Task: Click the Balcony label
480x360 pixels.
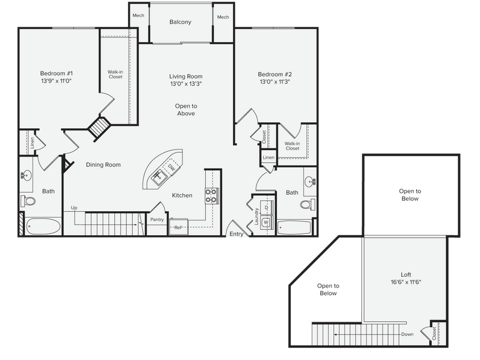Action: (180, 22)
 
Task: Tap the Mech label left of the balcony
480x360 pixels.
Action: (138, 16)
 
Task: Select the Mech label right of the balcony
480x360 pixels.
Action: (222, 17)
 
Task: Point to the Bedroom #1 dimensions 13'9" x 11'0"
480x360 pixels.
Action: (57, 81)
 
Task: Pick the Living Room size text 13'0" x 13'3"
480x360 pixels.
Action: (186, 85)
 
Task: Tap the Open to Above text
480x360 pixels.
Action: (186, 110)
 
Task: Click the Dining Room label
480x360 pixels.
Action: (103, 165)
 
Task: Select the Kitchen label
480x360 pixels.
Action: (182, 195)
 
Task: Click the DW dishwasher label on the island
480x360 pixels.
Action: (172, 168)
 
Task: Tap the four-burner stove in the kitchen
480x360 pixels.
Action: (212, 195)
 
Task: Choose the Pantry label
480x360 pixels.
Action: (157, 219)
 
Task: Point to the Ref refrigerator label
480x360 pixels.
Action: (178, 228)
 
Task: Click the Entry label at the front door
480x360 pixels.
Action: (235, 234)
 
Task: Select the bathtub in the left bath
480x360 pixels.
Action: (44, 227)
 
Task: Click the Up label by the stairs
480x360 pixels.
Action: (74, 208)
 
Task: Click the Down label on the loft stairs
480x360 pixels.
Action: (408, 334)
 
